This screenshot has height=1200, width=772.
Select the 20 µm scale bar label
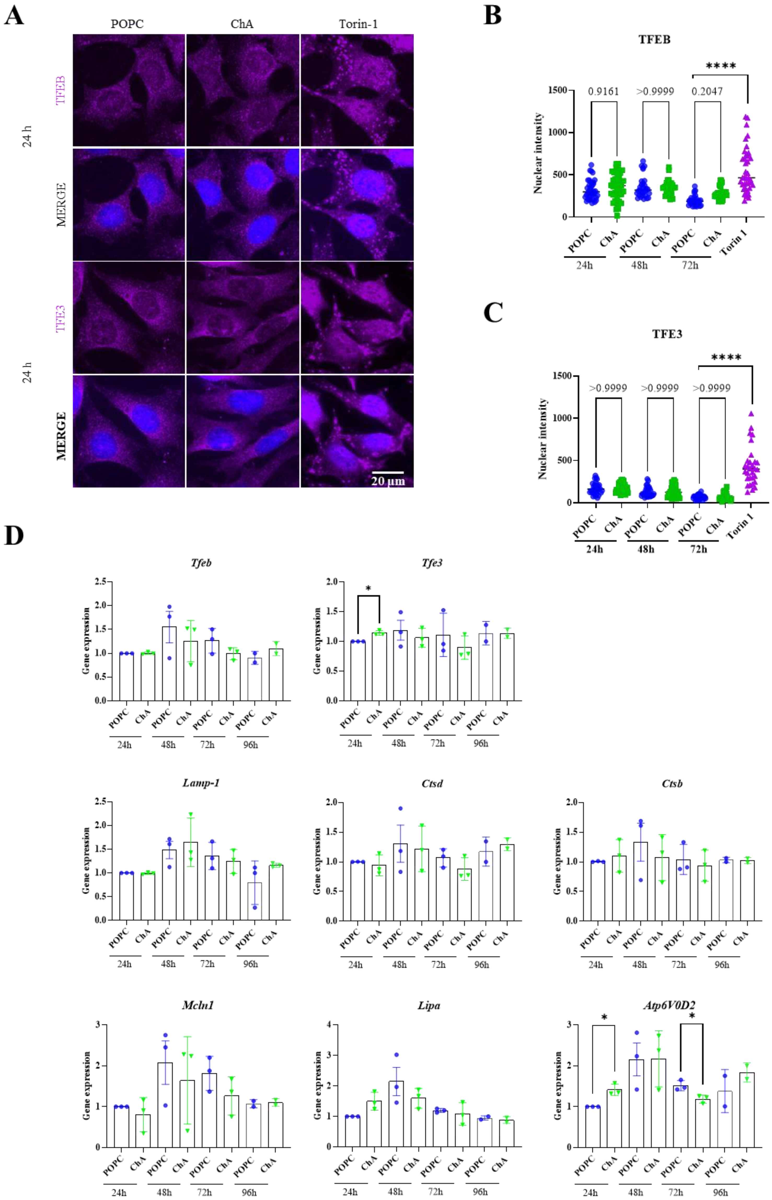point(388,481)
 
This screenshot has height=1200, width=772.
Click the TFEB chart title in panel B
point(654,39)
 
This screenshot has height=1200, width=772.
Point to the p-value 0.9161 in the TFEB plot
point(603,91)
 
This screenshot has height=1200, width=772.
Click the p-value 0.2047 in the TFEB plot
point(707,91)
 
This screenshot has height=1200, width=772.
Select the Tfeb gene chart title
point(201,563)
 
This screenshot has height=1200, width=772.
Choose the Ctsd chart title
point(432,783)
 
